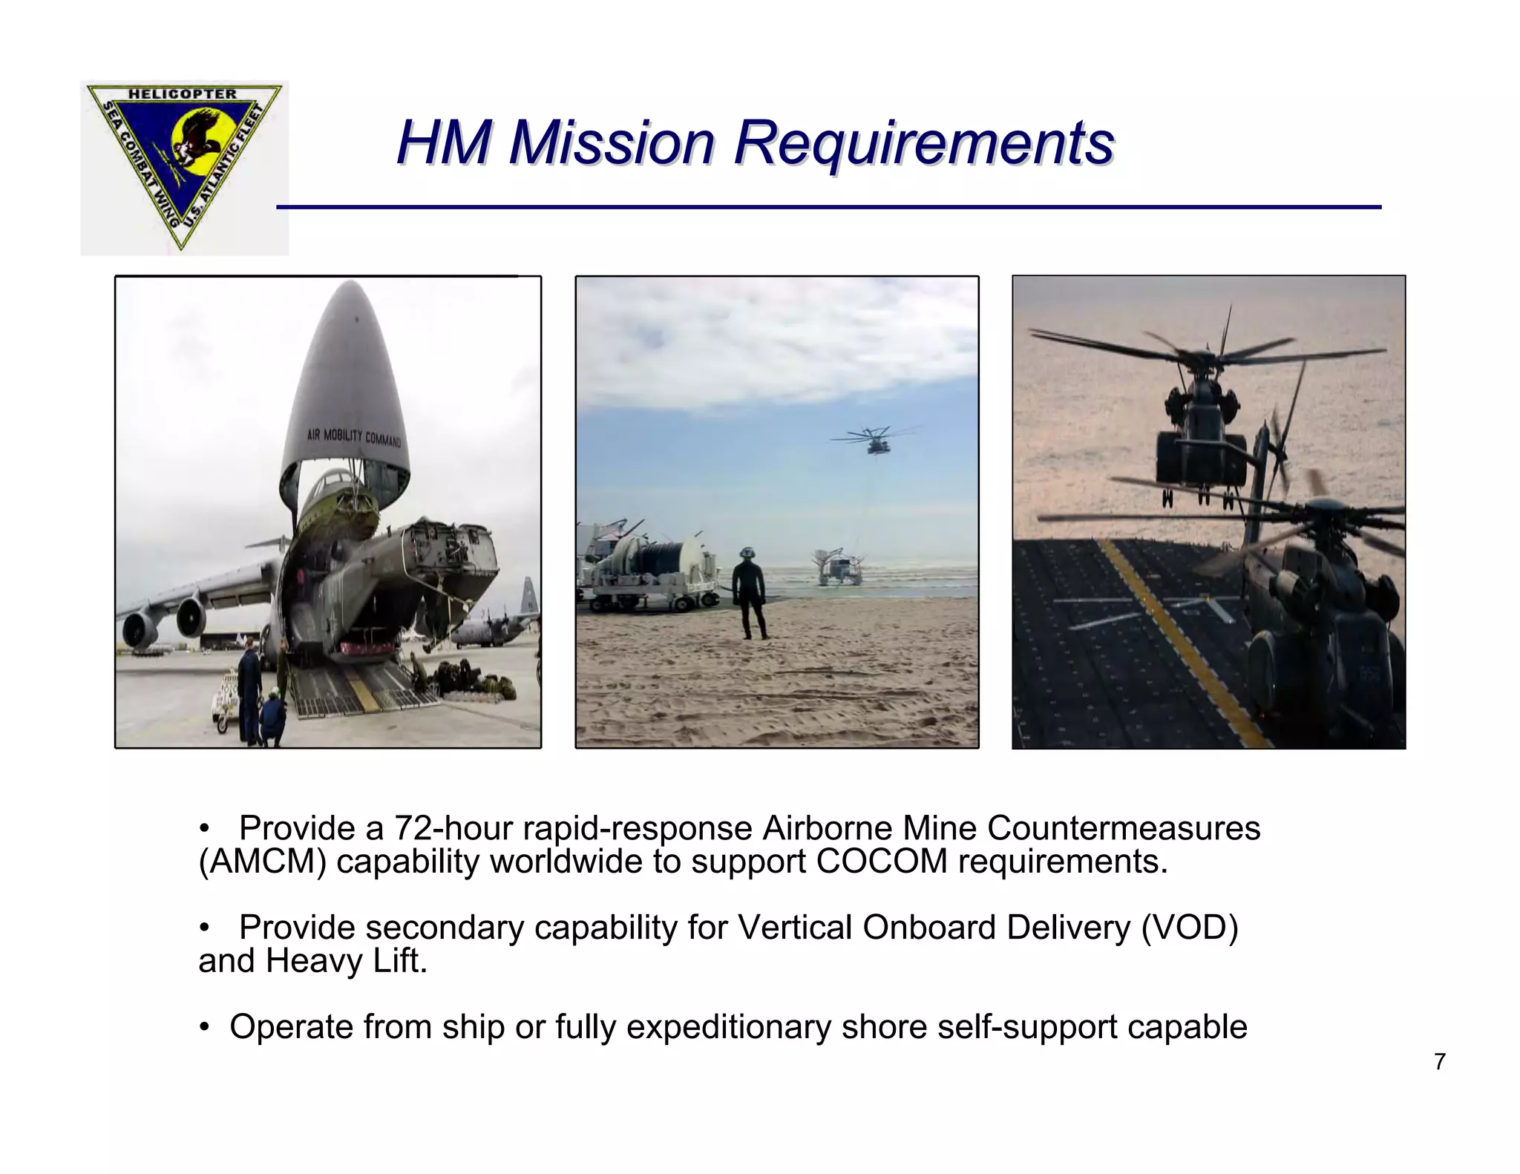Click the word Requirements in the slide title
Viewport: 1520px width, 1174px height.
click(x=923, y=142)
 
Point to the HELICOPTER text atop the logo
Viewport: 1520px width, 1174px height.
click(x=183, y=94)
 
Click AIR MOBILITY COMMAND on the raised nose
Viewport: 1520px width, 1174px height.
click(x=354, y=437)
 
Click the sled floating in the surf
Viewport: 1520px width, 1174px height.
click(x=839, y=567)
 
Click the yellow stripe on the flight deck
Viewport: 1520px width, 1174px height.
click(x=1187, y=646)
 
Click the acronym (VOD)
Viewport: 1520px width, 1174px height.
click(x=1190, y=928)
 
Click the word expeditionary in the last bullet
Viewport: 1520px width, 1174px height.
click(x=729, y=1028)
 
